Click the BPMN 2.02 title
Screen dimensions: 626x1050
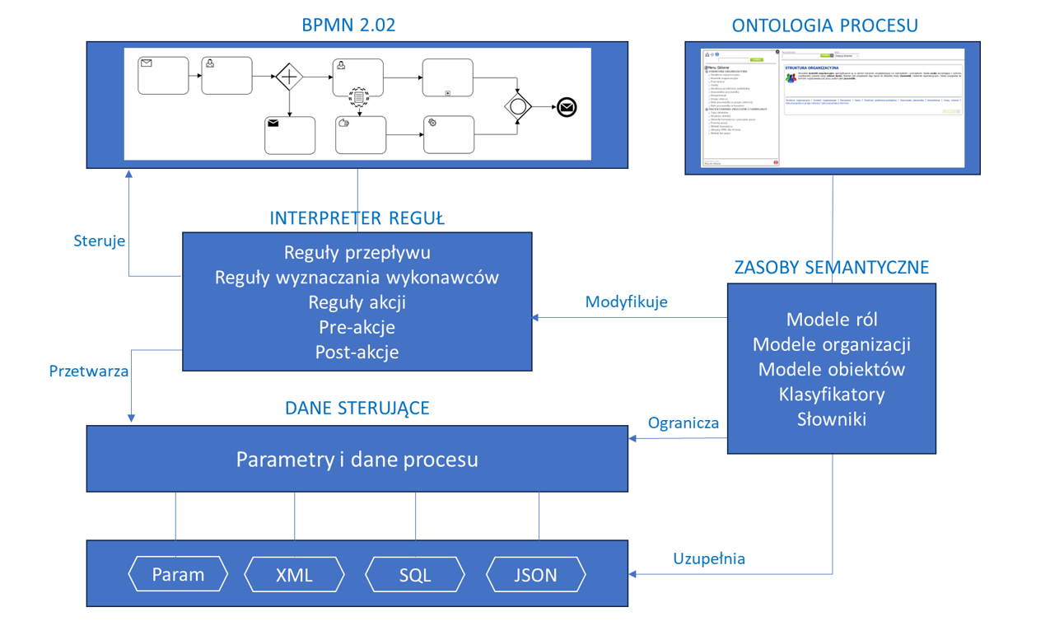349,25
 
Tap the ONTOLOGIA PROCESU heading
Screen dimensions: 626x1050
825,26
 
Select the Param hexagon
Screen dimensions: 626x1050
178,574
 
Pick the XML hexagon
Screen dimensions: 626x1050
294,574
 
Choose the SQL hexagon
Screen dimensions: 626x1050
415,574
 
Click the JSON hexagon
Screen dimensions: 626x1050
536,574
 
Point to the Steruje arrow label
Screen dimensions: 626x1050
100,241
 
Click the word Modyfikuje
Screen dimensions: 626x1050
626,301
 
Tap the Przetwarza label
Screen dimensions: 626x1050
89,371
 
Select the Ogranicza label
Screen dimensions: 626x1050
684,423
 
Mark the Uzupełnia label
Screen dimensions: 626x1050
709,558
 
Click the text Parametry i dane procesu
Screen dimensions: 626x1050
357,459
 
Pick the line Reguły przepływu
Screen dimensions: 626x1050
357,252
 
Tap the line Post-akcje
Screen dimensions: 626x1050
357,352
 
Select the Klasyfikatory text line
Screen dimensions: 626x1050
832,394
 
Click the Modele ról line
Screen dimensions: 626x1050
832,319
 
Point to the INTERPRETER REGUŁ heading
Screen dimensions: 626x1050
357,218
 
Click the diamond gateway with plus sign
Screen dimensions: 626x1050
290,77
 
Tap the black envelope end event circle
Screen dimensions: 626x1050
567,107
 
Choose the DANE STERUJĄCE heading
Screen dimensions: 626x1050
357,409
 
